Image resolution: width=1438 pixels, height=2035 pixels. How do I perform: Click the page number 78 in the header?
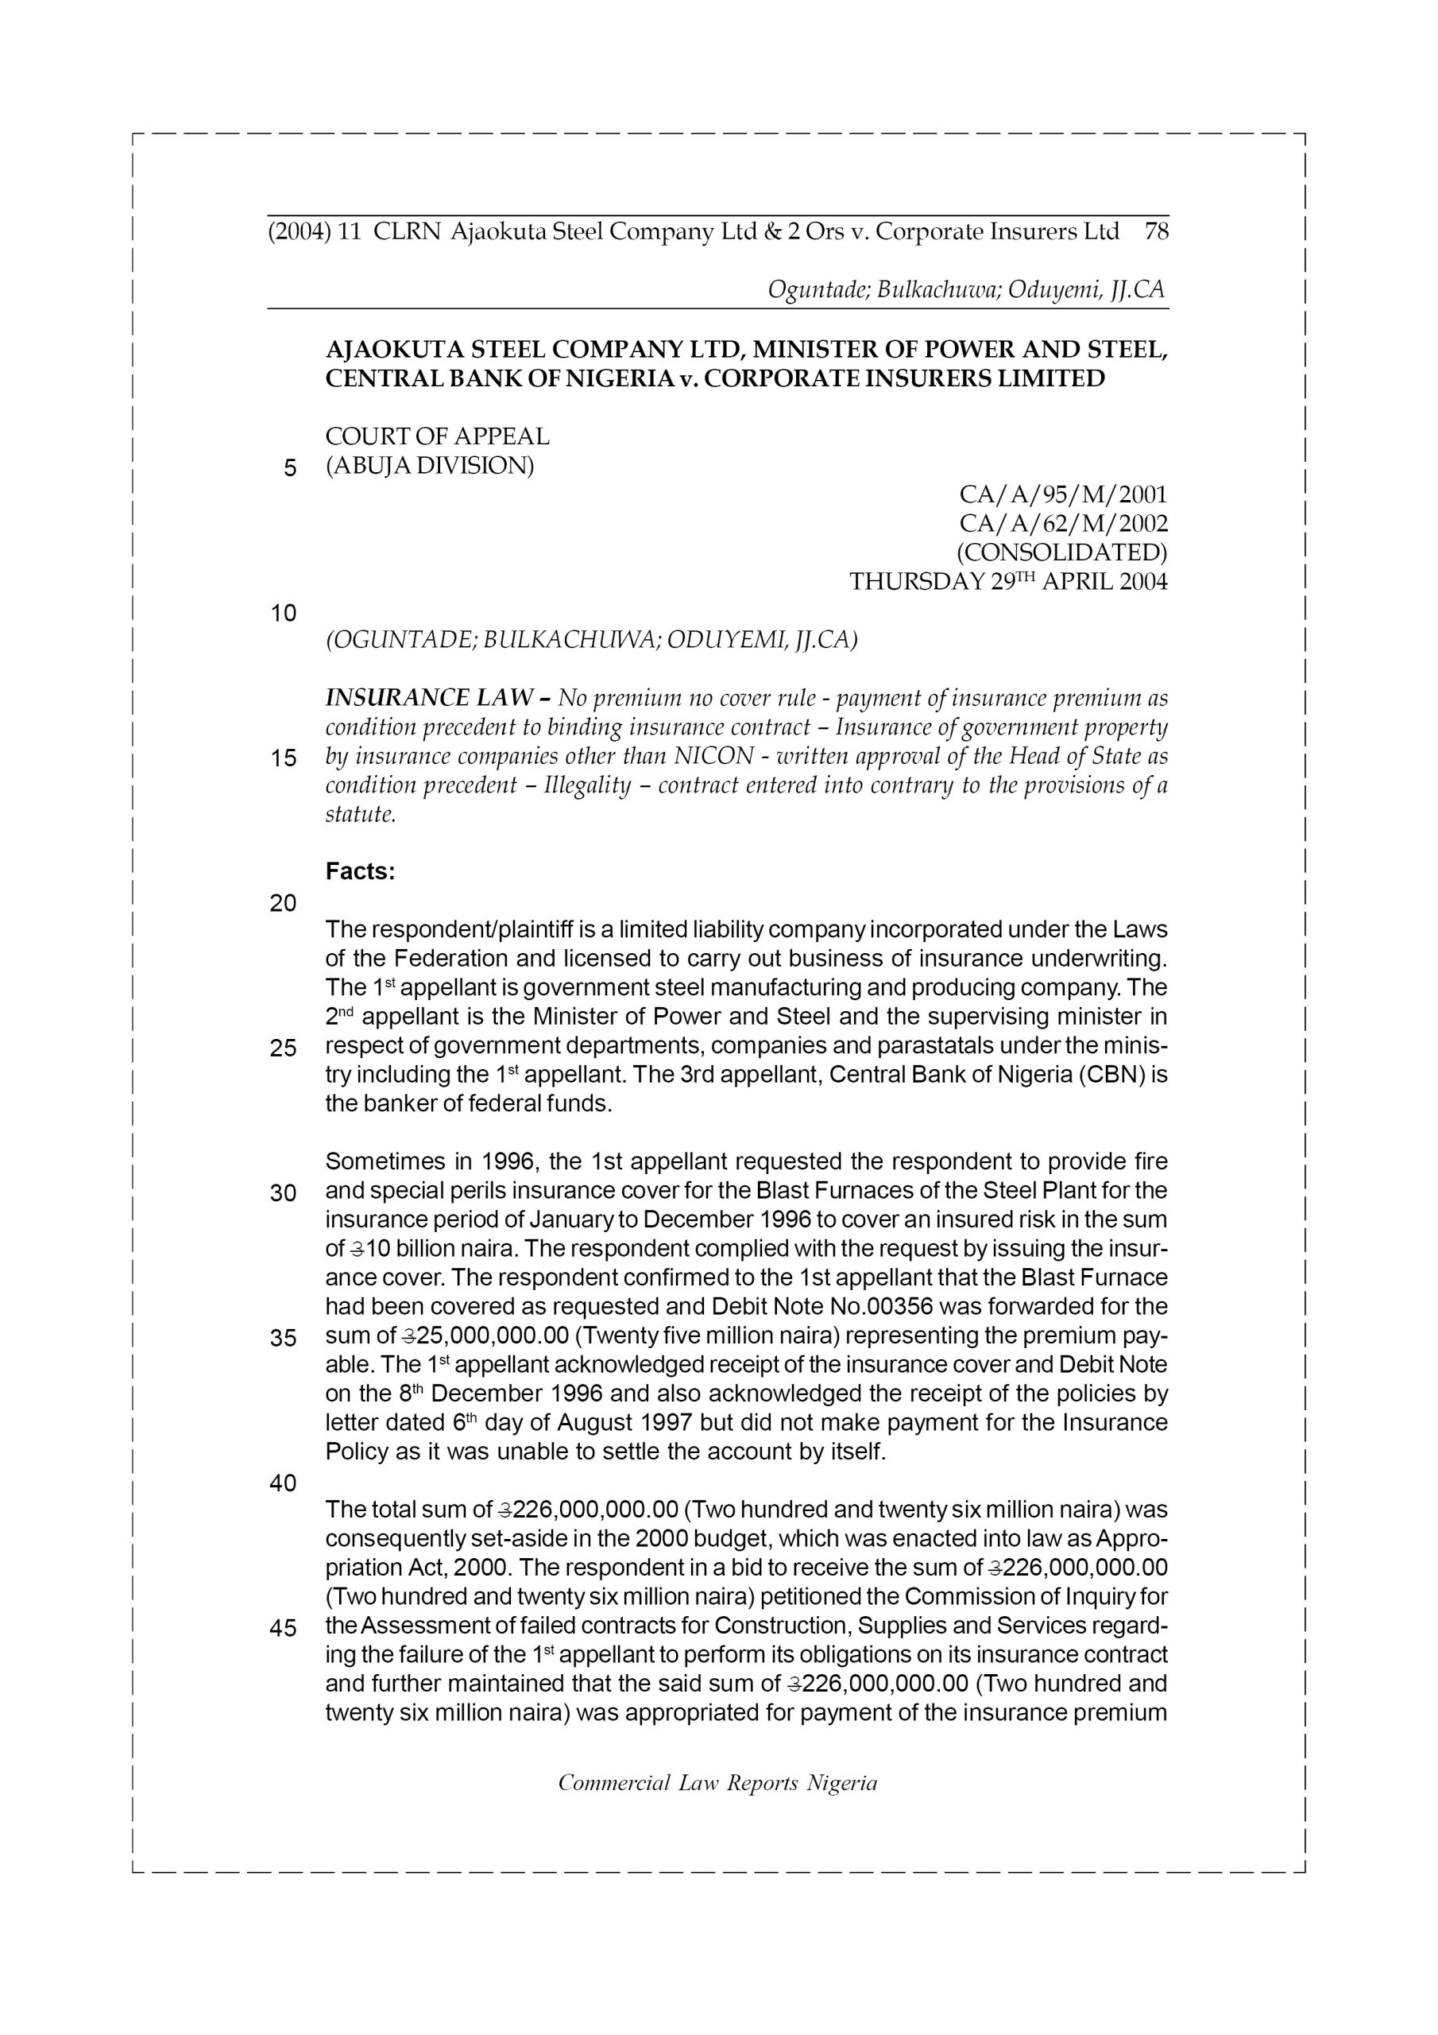(1156, 232)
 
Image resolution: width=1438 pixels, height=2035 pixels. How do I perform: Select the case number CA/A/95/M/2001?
(1063, 494)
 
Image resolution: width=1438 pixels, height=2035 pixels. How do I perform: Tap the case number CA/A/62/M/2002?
(1063, 524)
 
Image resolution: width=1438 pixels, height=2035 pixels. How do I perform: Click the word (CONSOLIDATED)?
(1062, 553)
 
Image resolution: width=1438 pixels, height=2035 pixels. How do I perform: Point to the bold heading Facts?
(360, 872)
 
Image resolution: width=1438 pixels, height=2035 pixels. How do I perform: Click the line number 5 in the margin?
(290, 468)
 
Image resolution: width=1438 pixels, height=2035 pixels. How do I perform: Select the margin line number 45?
(283, 1629)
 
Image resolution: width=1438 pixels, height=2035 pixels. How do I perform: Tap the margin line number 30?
(283, 1194)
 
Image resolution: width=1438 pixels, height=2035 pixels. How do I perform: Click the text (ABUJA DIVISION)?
(430, 465)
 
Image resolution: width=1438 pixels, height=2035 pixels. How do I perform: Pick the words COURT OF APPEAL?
(438, 437)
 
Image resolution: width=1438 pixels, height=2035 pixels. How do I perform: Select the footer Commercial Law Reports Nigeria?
(717, 1783)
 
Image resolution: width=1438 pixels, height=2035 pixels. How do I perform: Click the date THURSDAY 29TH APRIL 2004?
(1008, 583)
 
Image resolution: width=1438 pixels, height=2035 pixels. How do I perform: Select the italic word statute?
(360, 815)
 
